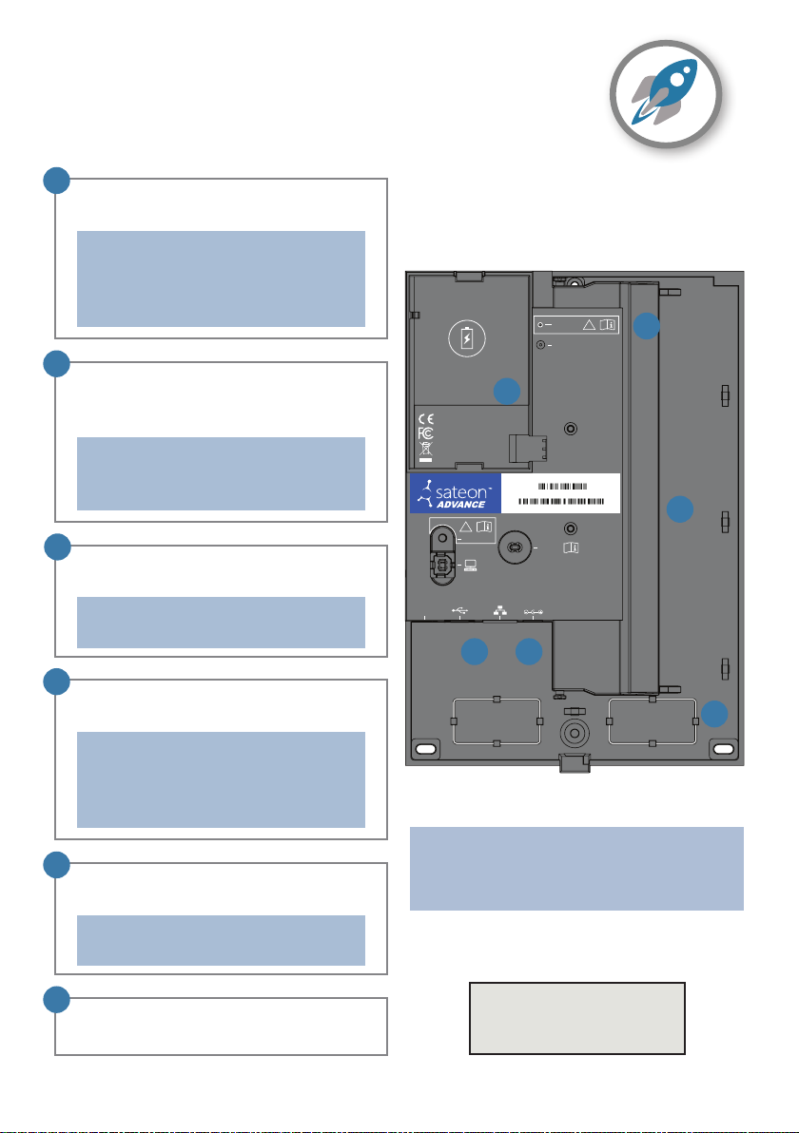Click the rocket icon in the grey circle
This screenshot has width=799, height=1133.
pos(665,92)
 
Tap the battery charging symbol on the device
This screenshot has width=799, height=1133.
pos(466,338)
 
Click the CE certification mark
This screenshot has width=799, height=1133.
pos(426,419)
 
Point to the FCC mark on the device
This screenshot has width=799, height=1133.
pos(425,432)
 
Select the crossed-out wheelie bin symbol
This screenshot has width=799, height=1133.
pos(426,451)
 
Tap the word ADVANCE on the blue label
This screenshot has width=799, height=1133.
pos(460,505)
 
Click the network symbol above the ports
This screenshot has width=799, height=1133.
pos(499,611)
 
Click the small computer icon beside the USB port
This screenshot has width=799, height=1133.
pos(470,565)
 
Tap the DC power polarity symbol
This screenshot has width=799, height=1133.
pos(533,613)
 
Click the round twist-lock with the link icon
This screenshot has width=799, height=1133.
pos(516,547)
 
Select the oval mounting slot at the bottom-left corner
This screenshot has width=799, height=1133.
pos(426,749)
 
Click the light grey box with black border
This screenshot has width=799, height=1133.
pos(577,1018)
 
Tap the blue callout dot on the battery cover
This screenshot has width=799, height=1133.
pos(507,391)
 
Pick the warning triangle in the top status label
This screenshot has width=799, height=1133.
pos(590,324)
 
